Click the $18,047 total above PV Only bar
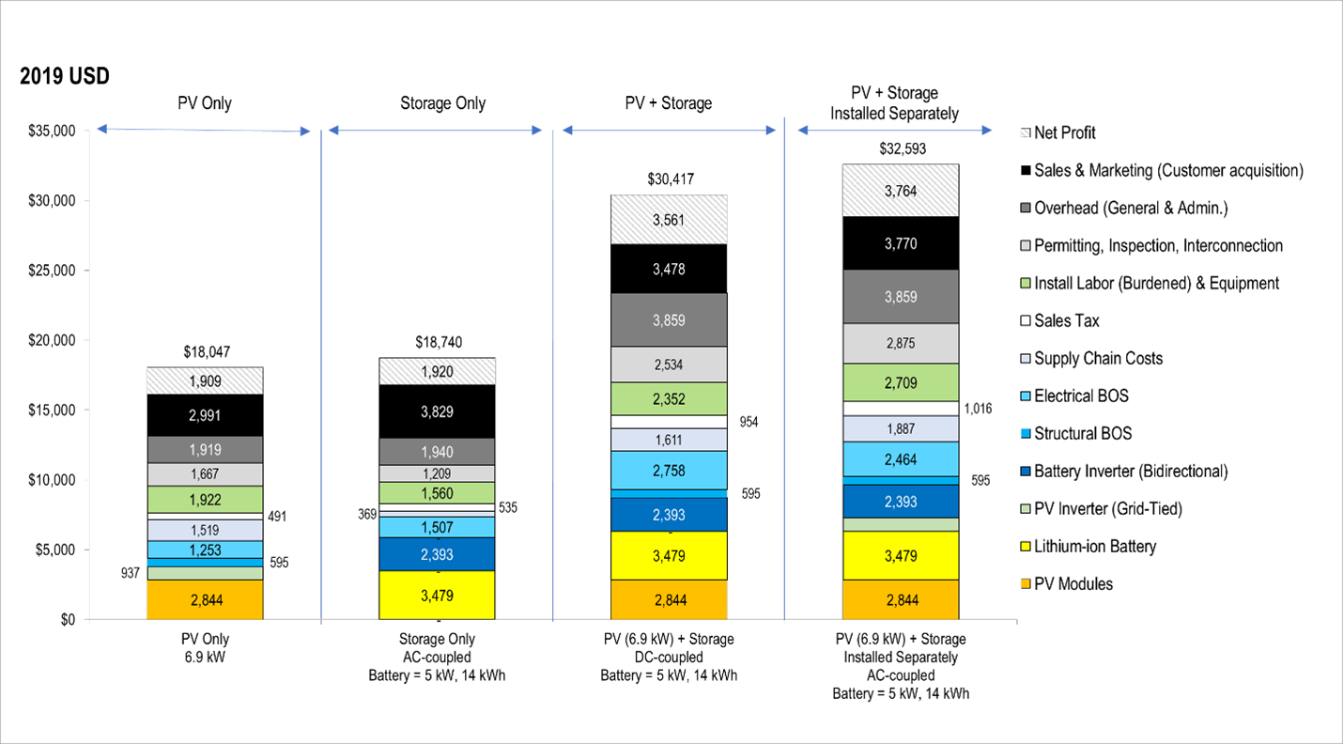[205, 352]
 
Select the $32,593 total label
[900, 148]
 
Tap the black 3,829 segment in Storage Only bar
[437, 411]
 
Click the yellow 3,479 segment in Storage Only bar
[437, 594]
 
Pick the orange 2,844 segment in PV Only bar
[205, 600]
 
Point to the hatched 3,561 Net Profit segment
[669, 220]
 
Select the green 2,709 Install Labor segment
[900, 382]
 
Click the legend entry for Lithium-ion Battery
[1094, 547]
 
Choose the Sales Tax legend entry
[1066, 321]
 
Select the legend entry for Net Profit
[1064, 133]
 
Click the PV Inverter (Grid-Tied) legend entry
[1107, 509]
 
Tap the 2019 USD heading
[65, 77]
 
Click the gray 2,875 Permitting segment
[900, 344]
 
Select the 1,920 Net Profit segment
[437, 371]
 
